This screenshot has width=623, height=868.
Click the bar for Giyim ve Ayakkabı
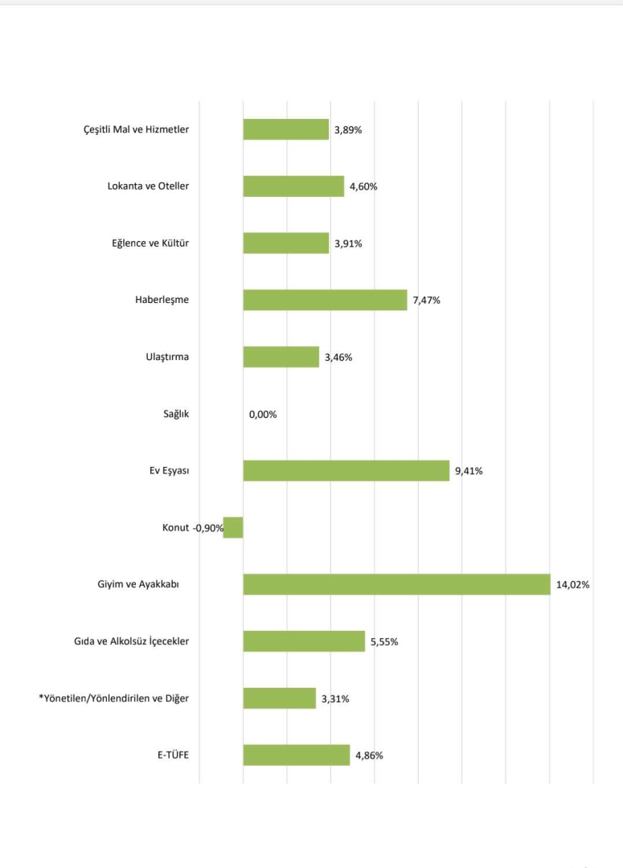396,584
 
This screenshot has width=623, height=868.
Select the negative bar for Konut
233,527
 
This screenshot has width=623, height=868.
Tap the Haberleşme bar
325,300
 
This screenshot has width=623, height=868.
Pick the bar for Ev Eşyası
346,470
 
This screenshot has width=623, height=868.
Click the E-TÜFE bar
296,755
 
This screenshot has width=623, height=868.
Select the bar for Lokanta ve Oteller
293,186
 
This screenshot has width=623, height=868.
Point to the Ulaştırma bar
281,357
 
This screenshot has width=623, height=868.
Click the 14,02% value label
572,585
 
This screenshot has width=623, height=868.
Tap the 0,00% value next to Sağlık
263,415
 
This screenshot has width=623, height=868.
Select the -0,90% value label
208,528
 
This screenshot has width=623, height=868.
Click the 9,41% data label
469,471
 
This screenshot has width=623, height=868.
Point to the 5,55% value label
384,641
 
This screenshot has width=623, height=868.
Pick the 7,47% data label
427,301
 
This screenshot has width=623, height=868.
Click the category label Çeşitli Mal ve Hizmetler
137,129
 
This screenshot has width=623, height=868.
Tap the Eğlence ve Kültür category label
150,243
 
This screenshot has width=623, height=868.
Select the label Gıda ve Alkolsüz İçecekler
131,641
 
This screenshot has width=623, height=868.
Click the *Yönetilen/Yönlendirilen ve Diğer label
114,698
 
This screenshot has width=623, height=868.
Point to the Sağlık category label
176,414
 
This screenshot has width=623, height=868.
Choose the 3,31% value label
335,698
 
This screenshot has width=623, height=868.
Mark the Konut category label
175,527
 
